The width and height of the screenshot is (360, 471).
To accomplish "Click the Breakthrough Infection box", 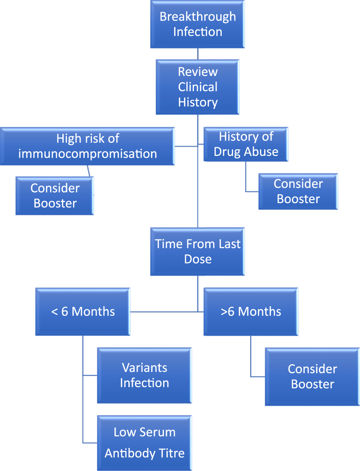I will pos(198,24).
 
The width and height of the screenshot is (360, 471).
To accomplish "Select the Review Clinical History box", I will pos(198,87).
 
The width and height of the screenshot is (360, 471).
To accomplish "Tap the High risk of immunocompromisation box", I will pos(87,146).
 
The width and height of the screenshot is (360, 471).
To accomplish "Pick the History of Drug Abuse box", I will pos(246,144).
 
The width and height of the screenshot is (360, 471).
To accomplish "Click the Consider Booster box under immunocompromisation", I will pos(55,195).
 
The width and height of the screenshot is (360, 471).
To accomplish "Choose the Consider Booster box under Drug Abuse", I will pos(298,191).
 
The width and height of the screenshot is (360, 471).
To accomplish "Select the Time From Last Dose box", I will pos(198,251).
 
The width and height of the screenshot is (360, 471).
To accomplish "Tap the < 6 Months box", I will pos(83,311).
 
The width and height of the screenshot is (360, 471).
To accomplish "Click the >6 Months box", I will pos(251,311).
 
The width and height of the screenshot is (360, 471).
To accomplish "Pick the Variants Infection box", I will pos(145,375).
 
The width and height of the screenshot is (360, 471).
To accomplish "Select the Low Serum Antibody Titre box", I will pos(145,442).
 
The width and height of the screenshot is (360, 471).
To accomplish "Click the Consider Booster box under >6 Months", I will pos(312,377).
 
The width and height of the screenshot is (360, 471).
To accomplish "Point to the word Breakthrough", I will pos(198,17).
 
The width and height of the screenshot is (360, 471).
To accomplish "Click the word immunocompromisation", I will pos(87,154).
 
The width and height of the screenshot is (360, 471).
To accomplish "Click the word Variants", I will pos(145,367).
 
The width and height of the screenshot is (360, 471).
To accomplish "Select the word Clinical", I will pos(198,87).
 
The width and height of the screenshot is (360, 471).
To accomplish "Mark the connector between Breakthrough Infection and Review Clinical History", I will pos(198,54).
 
